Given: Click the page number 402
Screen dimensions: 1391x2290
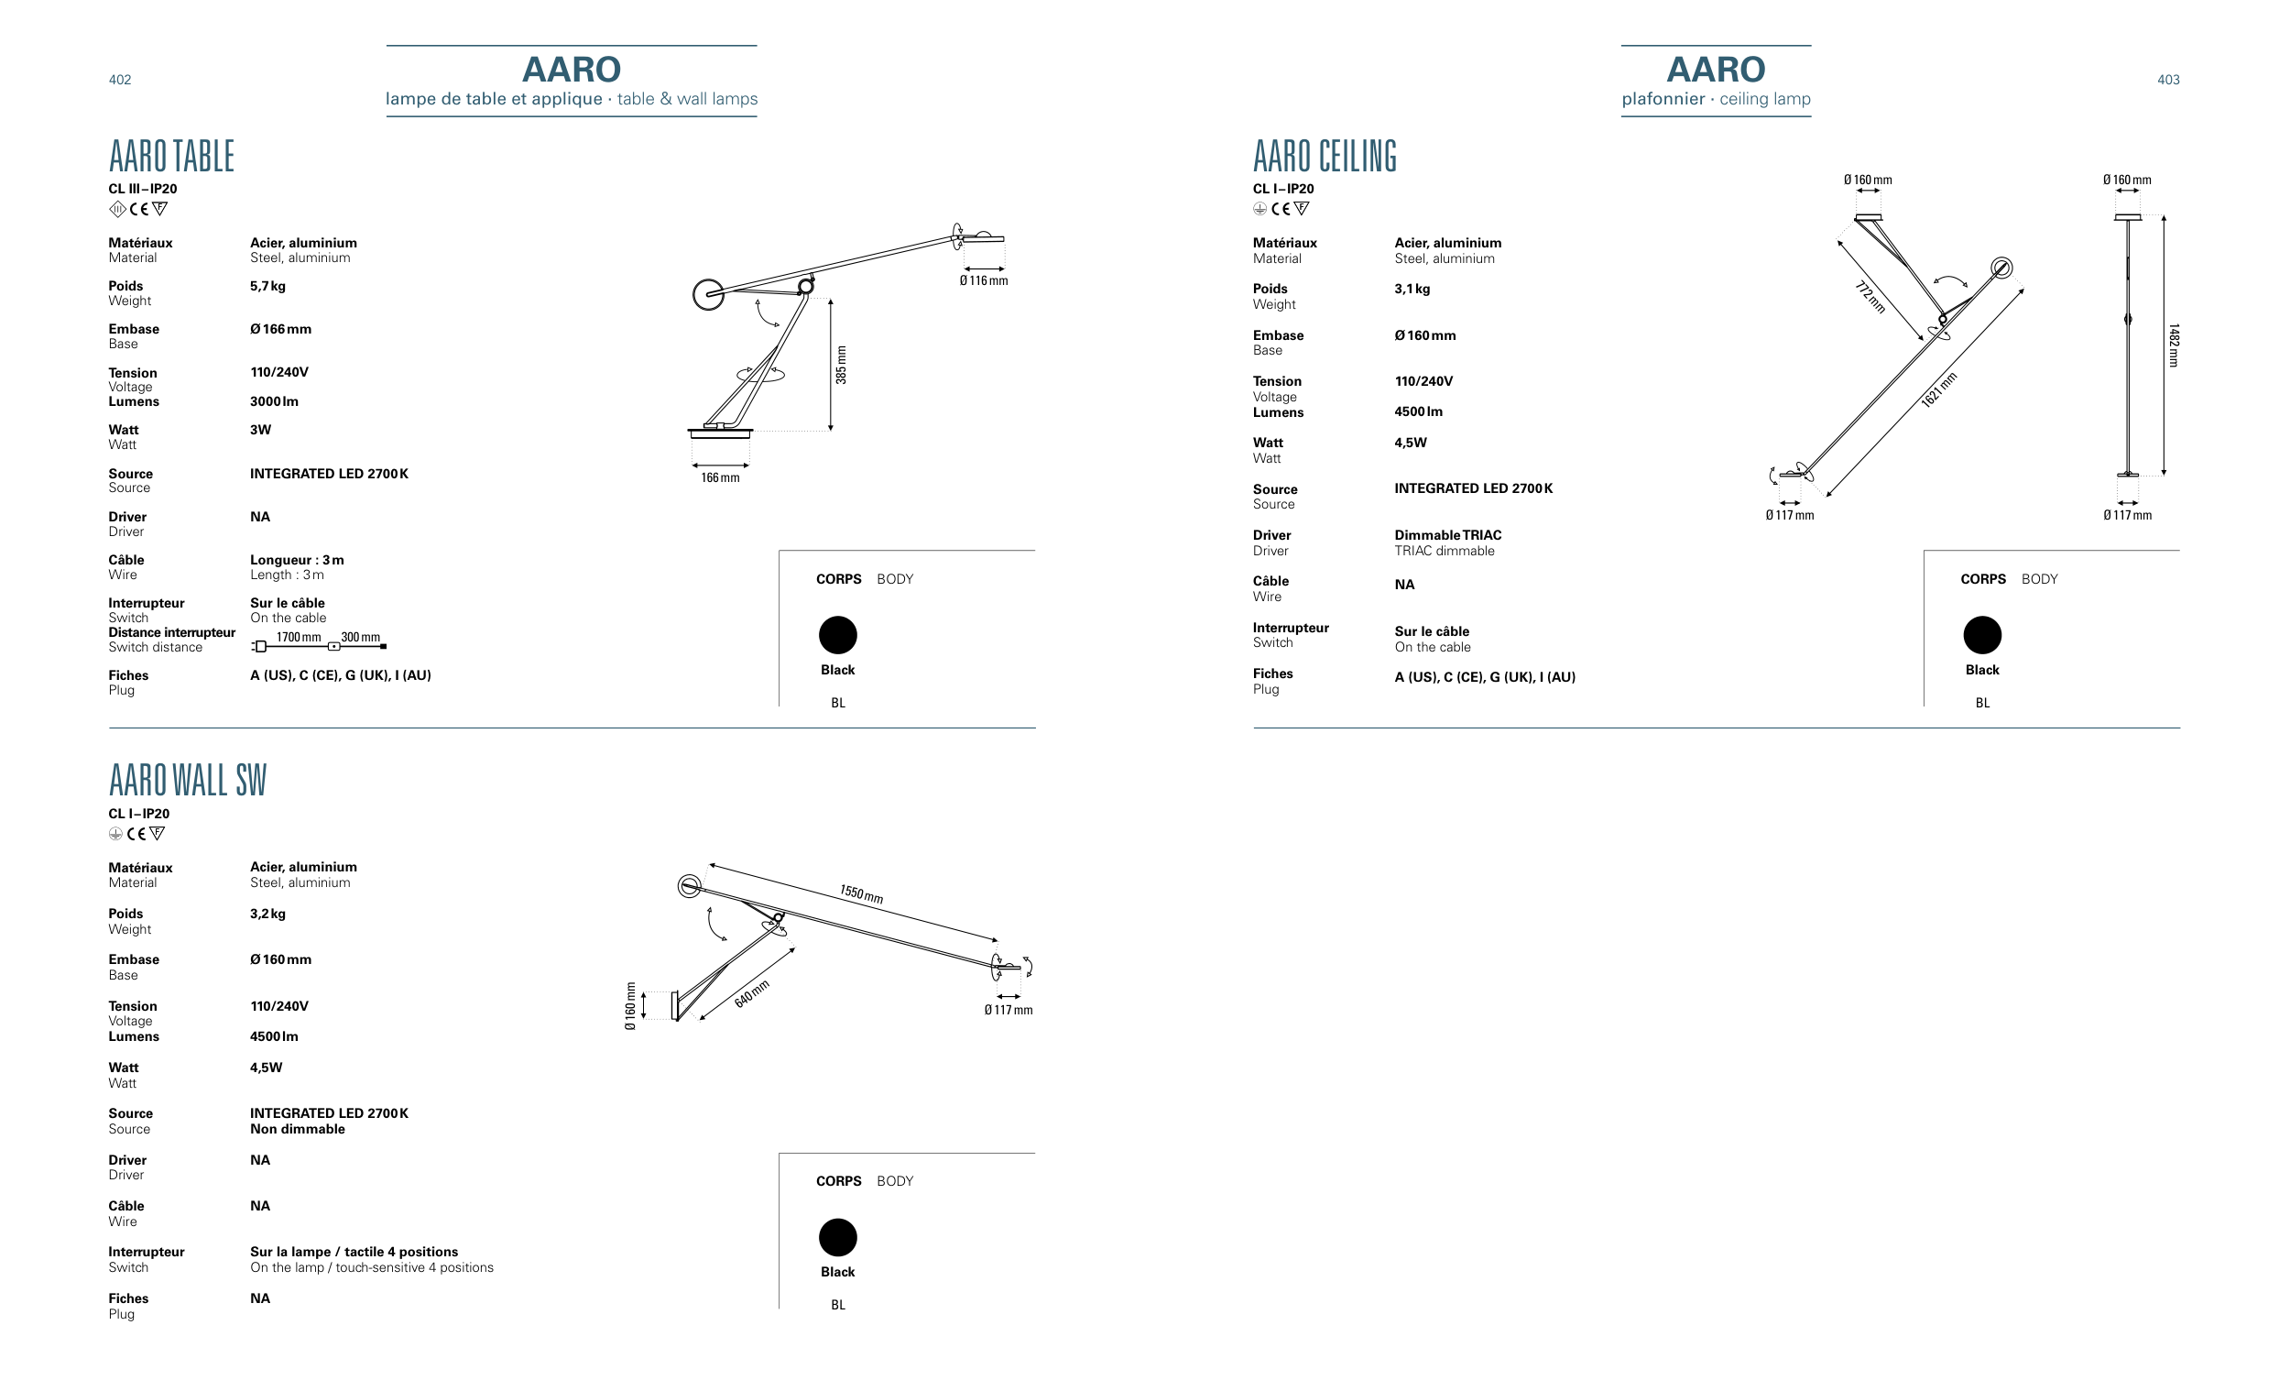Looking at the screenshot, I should (x=120, y=80).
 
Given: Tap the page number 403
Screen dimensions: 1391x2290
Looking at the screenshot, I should (x=2167, y=80).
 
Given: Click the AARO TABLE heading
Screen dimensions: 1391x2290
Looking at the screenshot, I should (x=171, y=156).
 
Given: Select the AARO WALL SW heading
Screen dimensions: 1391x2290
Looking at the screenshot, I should (x=187, y=780).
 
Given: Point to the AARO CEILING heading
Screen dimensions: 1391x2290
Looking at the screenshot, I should (x=1325, y=156).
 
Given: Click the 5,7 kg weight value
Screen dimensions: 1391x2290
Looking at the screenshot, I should (x=267, y=287).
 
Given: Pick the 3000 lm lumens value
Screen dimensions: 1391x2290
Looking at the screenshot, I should (x=274, y=401).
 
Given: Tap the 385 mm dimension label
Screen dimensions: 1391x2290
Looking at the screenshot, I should (x=841, y=365).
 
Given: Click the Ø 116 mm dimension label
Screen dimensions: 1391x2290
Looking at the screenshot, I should (x=983, y=280).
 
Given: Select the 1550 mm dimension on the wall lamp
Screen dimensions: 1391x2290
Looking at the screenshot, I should (x=861, y=894).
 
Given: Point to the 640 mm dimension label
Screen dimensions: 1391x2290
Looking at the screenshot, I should (x=752, y=993).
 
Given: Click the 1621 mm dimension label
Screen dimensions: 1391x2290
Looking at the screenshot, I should (x=1939, y=389).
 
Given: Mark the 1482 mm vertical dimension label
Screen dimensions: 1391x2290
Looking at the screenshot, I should (x=2174, y=345).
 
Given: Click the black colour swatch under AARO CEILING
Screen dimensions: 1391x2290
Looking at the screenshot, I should (x=1981, y=635).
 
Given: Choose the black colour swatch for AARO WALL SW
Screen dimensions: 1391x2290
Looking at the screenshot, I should (x=837, y=1238).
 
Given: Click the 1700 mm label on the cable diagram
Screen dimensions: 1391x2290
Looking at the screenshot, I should (x=299, y=638).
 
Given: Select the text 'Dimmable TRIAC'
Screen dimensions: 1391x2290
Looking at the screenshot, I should (x=1447, y=535).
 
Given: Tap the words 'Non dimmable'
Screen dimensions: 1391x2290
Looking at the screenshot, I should (x=298, y=1129).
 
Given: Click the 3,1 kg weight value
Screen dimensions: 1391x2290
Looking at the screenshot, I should (x=1412, y=290).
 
